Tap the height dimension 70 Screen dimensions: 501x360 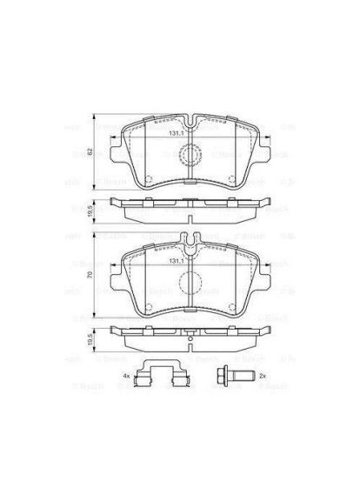90,276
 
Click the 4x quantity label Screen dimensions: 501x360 126,375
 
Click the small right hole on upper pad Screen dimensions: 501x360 230,181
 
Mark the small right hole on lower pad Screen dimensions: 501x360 230,304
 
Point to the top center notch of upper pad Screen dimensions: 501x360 189,119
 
